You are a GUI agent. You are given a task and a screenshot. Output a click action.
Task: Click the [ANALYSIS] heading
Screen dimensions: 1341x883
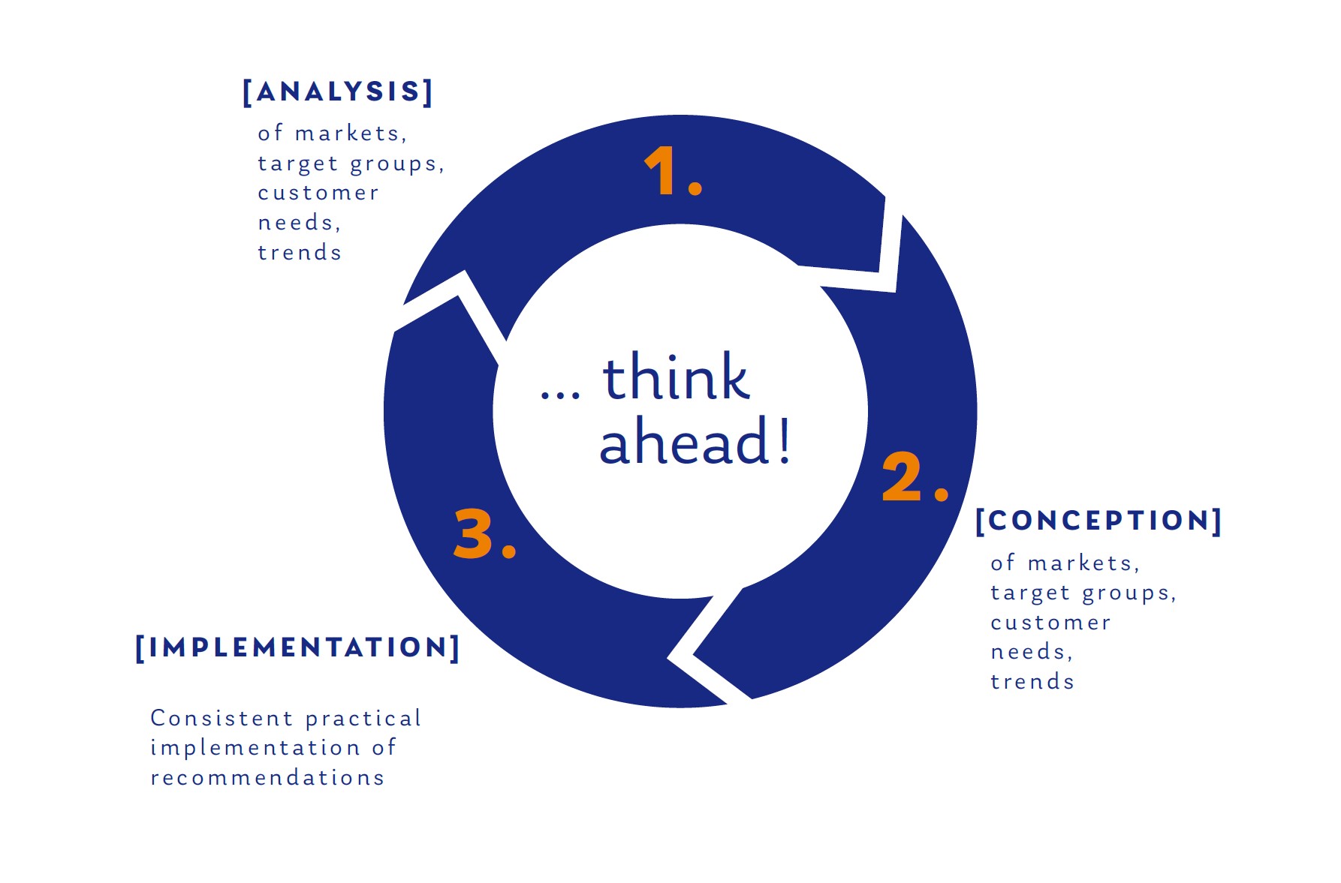coord(338,92)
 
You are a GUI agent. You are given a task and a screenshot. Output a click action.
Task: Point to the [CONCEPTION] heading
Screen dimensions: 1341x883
coord(1098,521)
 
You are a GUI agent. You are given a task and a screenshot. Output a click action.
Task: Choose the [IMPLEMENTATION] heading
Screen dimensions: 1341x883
coord(297,647)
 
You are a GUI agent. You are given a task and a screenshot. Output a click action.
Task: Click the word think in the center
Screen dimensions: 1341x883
coord(676,377)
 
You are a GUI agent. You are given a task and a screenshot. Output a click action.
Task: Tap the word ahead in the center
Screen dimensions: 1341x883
coord(684,441)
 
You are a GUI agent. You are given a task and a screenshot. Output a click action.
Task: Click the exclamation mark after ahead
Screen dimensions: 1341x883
coord(784,440)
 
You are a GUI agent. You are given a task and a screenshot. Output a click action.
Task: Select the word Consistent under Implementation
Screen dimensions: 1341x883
coord(221,718)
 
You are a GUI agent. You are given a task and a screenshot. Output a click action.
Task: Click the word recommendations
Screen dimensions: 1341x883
coord(267,777)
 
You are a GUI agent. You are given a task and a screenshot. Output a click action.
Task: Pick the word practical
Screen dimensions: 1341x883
coord(363,719)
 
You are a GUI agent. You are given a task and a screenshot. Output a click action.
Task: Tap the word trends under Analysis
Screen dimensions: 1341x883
coord(300,252)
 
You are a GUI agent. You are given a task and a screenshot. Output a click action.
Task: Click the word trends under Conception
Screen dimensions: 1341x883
coord(1032,681)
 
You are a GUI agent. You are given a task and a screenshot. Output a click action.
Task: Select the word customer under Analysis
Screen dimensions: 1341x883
coord(318,193)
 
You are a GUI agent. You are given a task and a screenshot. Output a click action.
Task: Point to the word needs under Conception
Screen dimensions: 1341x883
coord(1032,652)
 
